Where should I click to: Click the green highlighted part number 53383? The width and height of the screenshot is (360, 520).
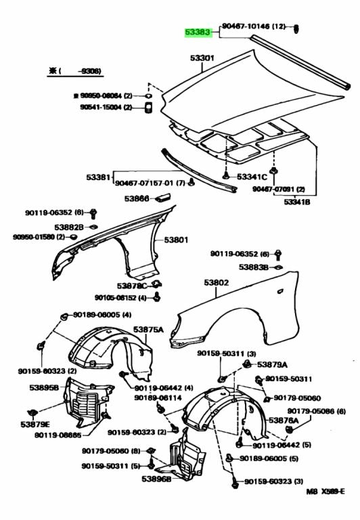tap(201, 32)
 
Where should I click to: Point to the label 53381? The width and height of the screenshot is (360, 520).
tap(98, 177)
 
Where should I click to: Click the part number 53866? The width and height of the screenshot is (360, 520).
tap(136, 198)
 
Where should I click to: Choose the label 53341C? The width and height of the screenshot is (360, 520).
tap(252, 177)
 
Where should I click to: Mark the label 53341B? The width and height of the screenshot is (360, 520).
tap(296, 202)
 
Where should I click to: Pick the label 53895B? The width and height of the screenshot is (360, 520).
tap(44, 388)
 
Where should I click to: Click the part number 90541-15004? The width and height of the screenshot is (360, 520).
tap(102, 106)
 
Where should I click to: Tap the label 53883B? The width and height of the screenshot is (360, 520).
tap(254, 267)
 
